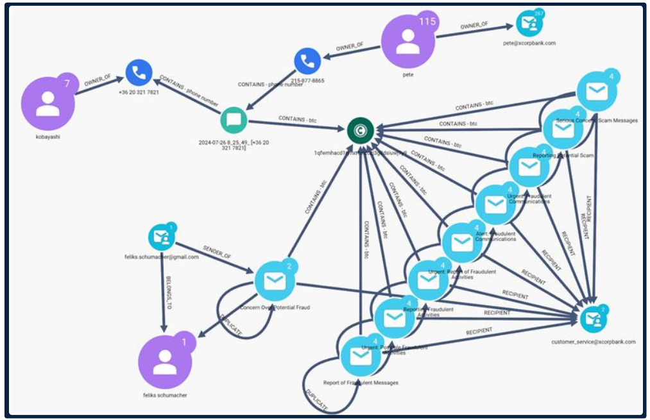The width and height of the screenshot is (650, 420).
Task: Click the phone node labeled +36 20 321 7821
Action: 138,72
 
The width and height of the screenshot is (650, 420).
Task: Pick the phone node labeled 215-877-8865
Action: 307,62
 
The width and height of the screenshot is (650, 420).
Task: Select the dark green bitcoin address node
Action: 361,131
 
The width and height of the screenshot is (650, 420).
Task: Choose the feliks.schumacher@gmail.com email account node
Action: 162,237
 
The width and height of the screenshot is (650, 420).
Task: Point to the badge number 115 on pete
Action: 427,22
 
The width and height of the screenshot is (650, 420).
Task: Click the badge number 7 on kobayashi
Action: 67,81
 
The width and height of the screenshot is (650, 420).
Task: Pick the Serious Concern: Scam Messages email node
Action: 597,92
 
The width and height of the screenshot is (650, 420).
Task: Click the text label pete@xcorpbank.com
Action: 529,44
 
